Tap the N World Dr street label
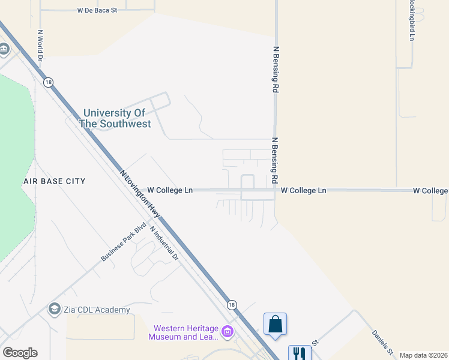click(40, 46)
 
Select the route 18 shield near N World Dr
click(49, 82)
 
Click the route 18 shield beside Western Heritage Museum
click(232, 305)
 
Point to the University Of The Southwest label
click(115, 118)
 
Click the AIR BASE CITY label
click(54, 181)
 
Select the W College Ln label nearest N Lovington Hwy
click(170, 190)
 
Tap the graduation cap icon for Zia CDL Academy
click(54, 309)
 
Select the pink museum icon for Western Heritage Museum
click(227, 331)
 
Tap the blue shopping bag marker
click(275, 324)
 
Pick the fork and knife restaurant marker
click(300, 354)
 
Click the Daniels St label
click(382, 342)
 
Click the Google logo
click(20, 353)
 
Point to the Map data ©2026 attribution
click(423, 355)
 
